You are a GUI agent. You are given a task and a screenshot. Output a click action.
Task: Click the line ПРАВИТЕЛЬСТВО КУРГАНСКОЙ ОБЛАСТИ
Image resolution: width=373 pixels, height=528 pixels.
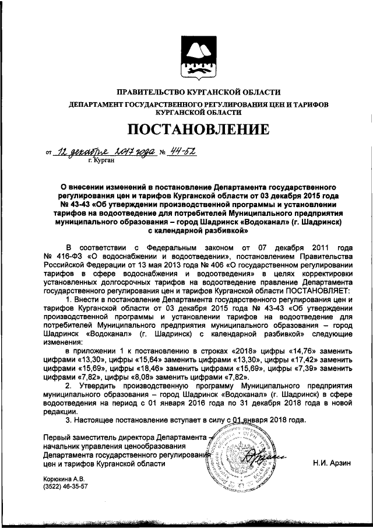pos(199,92)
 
